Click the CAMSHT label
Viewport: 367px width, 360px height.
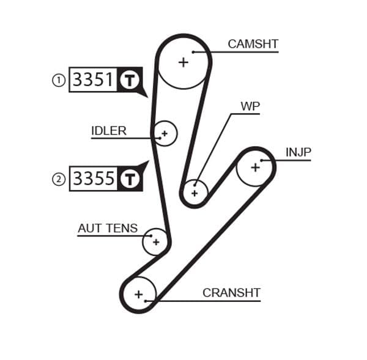[253, 44]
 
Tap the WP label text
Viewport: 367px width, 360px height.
[250, 106]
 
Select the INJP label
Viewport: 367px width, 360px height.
[298, 152]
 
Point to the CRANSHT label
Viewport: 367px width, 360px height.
[231, 293]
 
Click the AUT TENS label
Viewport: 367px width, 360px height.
[108, 229]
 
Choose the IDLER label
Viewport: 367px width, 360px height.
[109, 130]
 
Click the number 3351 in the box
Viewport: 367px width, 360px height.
[93, 80]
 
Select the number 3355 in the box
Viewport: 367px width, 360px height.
[93, 178]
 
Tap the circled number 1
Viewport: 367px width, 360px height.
[59, 80]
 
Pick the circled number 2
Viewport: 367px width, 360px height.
[59, 179]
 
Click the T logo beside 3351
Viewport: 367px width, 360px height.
[129, 80]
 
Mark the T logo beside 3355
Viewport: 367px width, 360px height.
[129, 178]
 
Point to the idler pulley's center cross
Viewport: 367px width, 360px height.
[164, 133]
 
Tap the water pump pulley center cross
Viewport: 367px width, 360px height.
[195, 193]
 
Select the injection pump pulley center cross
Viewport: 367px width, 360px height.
[255, 166]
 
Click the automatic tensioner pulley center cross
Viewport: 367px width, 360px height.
[155, 242]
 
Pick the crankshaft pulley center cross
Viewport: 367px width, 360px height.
[138, 295]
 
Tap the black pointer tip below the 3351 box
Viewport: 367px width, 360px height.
[146, 95]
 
